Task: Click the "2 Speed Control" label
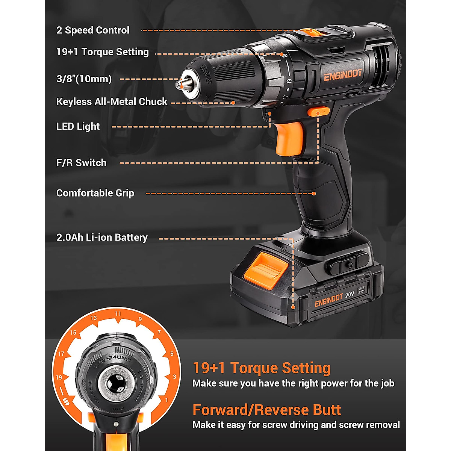coord(93,30)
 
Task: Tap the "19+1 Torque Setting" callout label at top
coord(102,52)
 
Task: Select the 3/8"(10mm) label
coord(84,79)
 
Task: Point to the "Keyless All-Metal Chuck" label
coord(112,102)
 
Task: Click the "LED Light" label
coord(78,127)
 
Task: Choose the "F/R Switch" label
coord(81,163)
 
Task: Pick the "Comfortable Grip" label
coord(95,193)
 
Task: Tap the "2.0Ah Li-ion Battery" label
coord(102,238)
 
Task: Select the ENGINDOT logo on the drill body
coord(342,75)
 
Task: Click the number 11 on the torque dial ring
coord(118,314)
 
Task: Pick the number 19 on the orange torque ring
coord(59,377)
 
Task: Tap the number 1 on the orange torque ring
coord(166,400)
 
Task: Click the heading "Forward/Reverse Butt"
coord(267,410)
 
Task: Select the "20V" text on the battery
coord(350,295)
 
